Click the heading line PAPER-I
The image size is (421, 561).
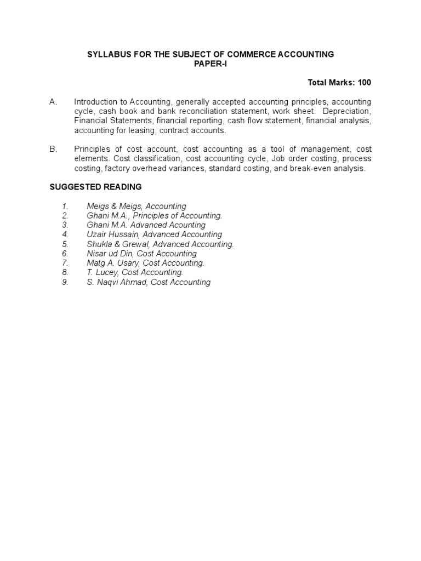(210, 64)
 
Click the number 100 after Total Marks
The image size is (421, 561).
(365, 83)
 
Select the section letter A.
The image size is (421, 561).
(53, 102)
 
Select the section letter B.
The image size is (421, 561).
(53, 149)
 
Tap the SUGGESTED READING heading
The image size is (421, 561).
(95, 187)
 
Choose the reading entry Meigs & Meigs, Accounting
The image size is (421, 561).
(136, 207)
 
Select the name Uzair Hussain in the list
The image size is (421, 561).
(113, 234)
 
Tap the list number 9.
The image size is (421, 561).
(65, 282)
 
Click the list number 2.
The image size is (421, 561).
(65, 216)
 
